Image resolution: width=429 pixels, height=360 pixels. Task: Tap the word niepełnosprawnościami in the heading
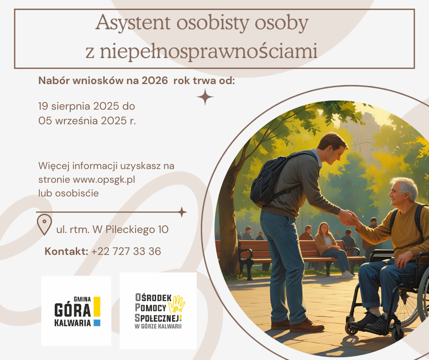(208, 51)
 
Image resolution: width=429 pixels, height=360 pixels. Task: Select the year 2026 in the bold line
(155, 81)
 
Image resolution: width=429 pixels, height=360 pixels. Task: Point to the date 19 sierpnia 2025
(79, 106)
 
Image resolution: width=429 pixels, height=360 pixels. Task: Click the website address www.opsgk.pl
(104, 180)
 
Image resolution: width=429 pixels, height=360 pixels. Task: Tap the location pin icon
(44, 225)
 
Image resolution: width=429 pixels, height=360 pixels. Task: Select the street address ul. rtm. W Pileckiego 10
(112, 230)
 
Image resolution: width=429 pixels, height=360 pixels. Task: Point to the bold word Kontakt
(66, 251)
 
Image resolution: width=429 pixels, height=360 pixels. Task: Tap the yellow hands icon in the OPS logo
(177, 304)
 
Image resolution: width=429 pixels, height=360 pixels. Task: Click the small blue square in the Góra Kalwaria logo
(97, 323)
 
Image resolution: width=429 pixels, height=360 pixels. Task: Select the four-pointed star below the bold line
(205, 97)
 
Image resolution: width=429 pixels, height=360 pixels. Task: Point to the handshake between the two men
(347, 218)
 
